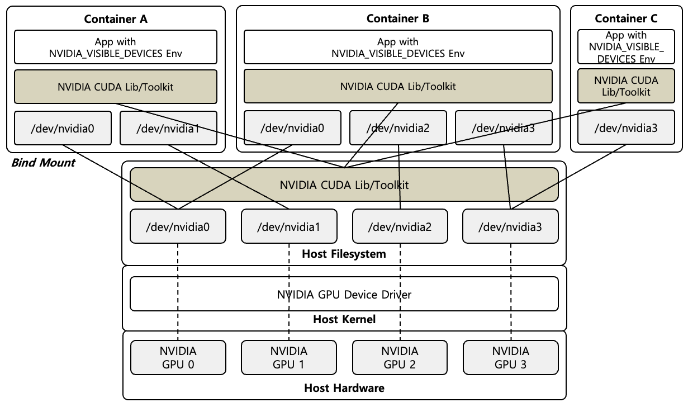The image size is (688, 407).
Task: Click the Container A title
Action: pos(116,18)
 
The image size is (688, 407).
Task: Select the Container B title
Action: pos(398,18)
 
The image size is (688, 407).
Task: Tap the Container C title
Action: pos(626,18)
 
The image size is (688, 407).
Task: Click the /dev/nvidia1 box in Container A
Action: pos(168,128)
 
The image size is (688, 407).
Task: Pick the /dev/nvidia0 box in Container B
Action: pos(292,128)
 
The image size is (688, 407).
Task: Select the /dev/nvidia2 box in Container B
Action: pos(398,128)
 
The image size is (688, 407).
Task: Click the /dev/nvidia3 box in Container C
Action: pos(626,128)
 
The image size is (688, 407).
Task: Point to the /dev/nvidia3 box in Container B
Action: pos(504,128)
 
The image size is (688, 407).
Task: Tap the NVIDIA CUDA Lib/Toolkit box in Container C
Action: pos(626,86)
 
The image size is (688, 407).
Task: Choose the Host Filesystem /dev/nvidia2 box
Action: pos(400,227)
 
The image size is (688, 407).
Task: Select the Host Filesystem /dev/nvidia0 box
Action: pos(178,227)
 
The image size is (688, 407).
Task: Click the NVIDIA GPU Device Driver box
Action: pos(344,294)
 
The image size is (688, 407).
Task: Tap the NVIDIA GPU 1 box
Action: pos(289,357)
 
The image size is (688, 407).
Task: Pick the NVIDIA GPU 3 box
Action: pos(510,357)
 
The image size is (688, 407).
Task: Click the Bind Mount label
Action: pos(43,163)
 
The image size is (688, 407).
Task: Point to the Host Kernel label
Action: pos(344,320)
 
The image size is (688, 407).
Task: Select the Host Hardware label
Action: pos(344,387)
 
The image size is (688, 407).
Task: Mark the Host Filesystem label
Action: pos(344,254)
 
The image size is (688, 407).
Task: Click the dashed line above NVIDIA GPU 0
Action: pos(178,291)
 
